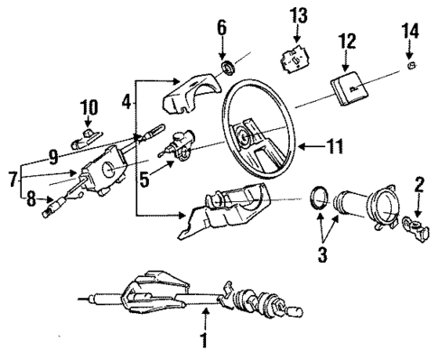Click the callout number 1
203,340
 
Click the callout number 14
409,32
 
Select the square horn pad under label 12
349,86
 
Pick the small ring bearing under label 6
228,67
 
